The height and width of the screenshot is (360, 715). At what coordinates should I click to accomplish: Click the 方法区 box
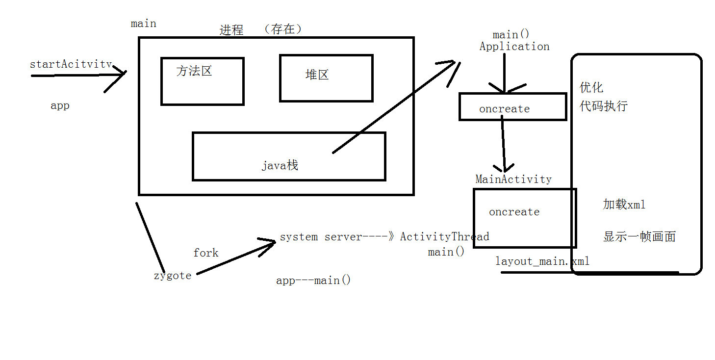click(x=202, y=81)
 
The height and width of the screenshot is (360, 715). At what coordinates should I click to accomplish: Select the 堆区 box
click(x=326, y=78)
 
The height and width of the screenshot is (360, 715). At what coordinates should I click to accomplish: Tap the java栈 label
click(x=280, y=166)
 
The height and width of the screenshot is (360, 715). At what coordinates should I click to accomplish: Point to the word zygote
click(x=173, y=276)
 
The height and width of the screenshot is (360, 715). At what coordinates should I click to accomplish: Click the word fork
click(x=206, y=253)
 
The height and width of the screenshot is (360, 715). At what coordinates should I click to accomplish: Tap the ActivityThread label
click(x=444, y=237)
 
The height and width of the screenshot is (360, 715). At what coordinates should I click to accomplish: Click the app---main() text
click(x=313, y=281)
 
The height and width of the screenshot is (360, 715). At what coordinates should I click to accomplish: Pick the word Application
click(x=514, y=47)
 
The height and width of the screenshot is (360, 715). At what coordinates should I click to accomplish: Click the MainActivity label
click(x=513, y=180)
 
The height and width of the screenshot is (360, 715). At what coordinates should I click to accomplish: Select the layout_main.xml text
click(x=542, y=261)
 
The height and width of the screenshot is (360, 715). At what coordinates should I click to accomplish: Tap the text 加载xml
click(x=624, y=205)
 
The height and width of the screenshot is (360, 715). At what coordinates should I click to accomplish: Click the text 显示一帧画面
click(x=639, y=237)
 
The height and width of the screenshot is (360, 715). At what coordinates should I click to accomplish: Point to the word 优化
click(x=591, y=88)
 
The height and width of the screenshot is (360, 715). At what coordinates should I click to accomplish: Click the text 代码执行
click(x=603, y=106)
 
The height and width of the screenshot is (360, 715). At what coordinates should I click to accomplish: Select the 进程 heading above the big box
click(x=231, y=30)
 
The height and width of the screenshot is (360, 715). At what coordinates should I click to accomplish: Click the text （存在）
click(x=283, y=29)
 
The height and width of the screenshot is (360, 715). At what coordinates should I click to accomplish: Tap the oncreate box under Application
click(x=512, y=106)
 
